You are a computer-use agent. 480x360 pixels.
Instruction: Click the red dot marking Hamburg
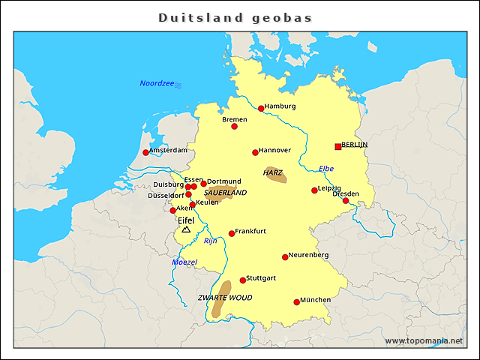coord(261,108)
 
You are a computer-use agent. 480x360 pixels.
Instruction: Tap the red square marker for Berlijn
coord(337,146)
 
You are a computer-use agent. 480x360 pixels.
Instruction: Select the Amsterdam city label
coord(169,150)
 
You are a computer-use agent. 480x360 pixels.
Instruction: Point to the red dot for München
coord(297,302)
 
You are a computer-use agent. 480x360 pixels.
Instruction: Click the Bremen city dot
coord(234,126)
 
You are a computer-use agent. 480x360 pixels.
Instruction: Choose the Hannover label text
coord(274,150)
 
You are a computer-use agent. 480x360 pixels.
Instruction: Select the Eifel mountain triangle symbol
coord(186,229)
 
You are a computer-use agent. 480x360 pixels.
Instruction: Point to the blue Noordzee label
coord(156,82)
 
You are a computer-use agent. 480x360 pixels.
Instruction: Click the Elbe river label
coord(326,168)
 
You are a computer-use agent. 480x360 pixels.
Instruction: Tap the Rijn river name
coord(211,241)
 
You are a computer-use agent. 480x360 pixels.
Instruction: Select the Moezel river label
coord(184,262)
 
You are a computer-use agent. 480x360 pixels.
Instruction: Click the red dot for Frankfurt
coord(232,233)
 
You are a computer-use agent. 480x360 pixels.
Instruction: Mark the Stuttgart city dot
coord(242,280)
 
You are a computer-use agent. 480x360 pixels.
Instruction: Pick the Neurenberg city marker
coord(285,257)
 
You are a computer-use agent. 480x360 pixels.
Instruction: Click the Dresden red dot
coord(346,200)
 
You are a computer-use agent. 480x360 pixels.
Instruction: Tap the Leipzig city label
coord(330,187)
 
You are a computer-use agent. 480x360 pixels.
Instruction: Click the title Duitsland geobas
coord(235,17)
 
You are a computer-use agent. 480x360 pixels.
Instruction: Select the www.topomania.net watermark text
coord(424,340)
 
